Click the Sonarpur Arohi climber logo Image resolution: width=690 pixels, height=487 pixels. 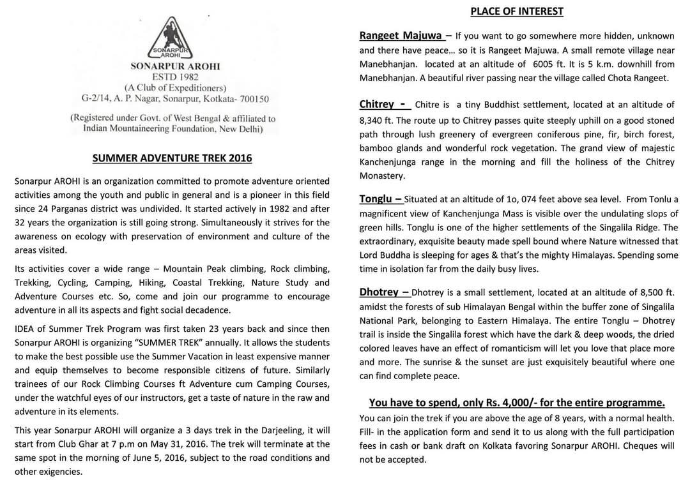172,36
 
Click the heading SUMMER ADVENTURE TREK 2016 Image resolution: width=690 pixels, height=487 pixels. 172,158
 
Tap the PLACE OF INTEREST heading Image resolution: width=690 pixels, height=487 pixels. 517,11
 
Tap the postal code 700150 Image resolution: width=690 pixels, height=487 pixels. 251,98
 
